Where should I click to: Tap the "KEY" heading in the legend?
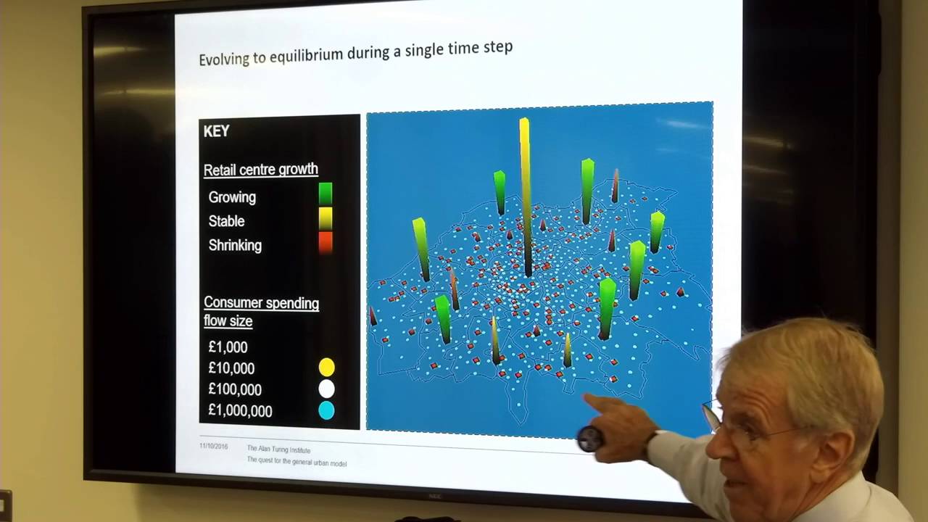click(216, 131)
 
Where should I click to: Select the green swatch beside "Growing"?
click(326, 194)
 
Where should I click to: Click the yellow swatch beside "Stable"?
click(326, 217)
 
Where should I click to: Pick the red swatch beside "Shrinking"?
click(326, 242)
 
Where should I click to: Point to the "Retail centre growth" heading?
click(260, 170)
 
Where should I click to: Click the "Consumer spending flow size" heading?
click(261, 312)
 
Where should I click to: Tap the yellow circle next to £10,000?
click(326, 368)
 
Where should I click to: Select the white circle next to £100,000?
click(326, 389)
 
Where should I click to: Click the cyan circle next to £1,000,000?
click(326, 410)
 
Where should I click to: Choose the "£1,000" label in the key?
click(228, 347)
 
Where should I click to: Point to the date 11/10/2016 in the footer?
click(213, 446)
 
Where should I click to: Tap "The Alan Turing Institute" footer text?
click(278, 449)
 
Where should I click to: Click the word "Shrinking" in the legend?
click(235, 245)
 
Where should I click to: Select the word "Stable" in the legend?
click(226, 221)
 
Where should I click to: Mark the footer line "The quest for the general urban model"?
click(297, 463)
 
